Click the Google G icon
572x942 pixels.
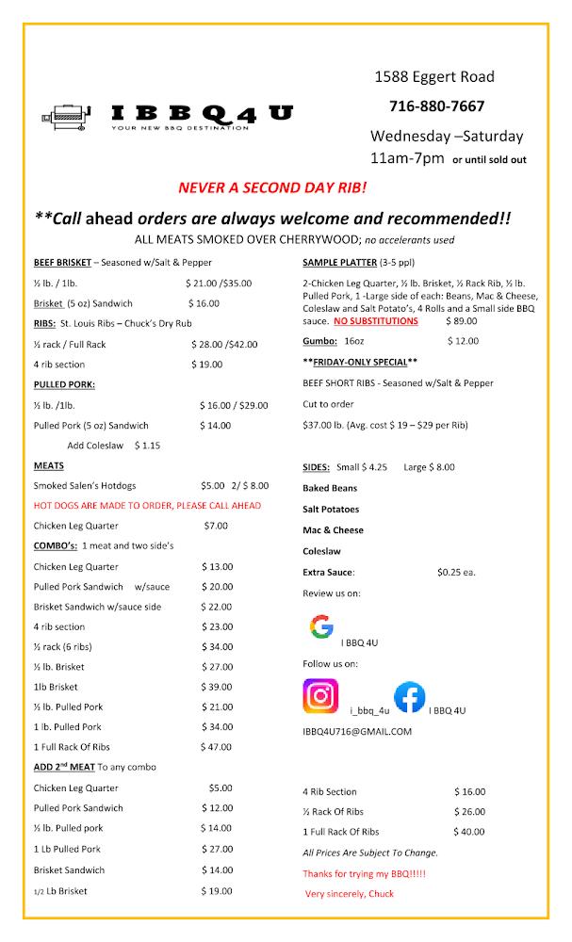click(x=321, y=626)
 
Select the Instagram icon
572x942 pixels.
click(x=320, y=697)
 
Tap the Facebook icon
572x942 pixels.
click(x=409, y=697)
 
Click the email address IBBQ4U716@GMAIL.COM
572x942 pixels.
click(x=357, y=732)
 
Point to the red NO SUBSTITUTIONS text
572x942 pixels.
click(x=375, y=320)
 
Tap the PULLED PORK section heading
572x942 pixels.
click(x=65, y=384)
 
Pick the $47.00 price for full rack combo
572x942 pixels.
click(x=217, y=747)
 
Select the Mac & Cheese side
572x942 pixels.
click(x=333, y=530)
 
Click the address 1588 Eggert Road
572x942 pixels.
click(x=434, y=76)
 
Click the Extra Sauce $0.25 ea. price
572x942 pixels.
click(x=456, y=572)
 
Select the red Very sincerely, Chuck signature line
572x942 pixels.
click(x=349, y=893)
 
